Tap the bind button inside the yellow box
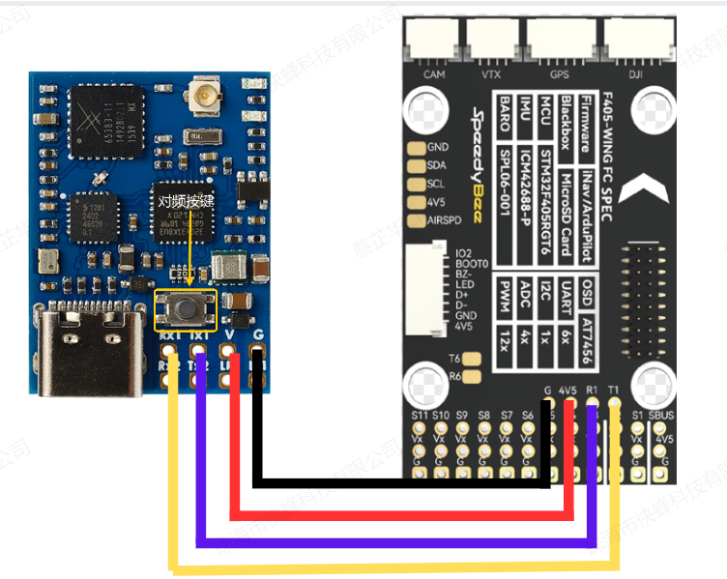click(x=186, y=308)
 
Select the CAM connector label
click(x=434, y=73)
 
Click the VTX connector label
click(x=491, y=73)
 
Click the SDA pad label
click(x=437, y=165)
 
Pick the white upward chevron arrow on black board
click(x=643, y=184)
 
